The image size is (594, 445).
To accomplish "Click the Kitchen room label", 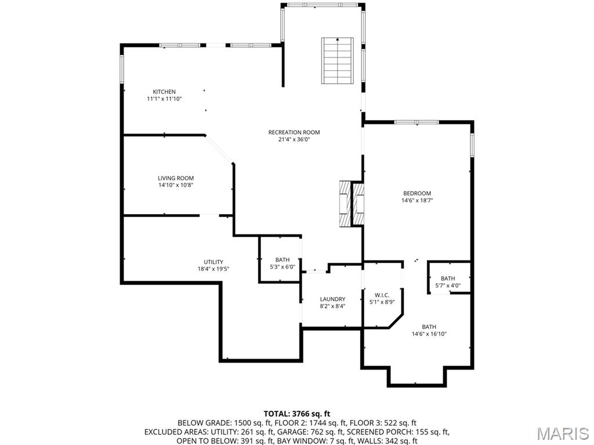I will coord(164,92).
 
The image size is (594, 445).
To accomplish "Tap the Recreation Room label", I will coord(294,132).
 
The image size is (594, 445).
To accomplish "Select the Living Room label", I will coord(176,178).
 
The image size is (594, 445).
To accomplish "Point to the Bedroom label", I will coord(417,193).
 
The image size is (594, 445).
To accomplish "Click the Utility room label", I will coord(213,262).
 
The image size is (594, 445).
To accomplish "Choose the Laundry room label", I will coord(332,299).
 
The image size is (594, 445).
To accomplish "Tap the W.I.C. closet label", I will coord(382,295).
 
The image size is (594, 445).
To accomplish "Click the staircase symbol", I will coord(338,60).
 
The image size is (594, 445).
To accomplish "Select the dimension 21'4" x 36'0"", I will coord(294,139).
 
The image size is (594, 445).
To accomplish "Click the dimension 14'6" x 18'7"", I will coord(417,201).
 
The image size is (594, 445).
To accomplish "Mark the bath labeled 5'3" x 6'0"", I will coord(282,263).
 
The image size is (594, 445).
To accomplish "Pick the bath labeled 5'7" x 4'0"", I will coord(448,282).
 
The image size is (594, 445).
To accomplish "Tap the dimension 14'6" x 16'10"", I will coord(429,334).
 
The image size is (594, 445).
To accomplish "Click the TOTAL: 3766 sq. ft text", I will coord(296,414).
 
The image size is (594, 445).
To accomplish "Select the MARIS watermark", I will coord(562,433).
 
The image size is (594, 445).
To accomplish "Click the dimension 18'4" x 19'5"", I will coord(213,269).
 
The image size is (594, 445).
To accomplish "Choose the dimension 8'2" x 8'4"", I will coord(332,306).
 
